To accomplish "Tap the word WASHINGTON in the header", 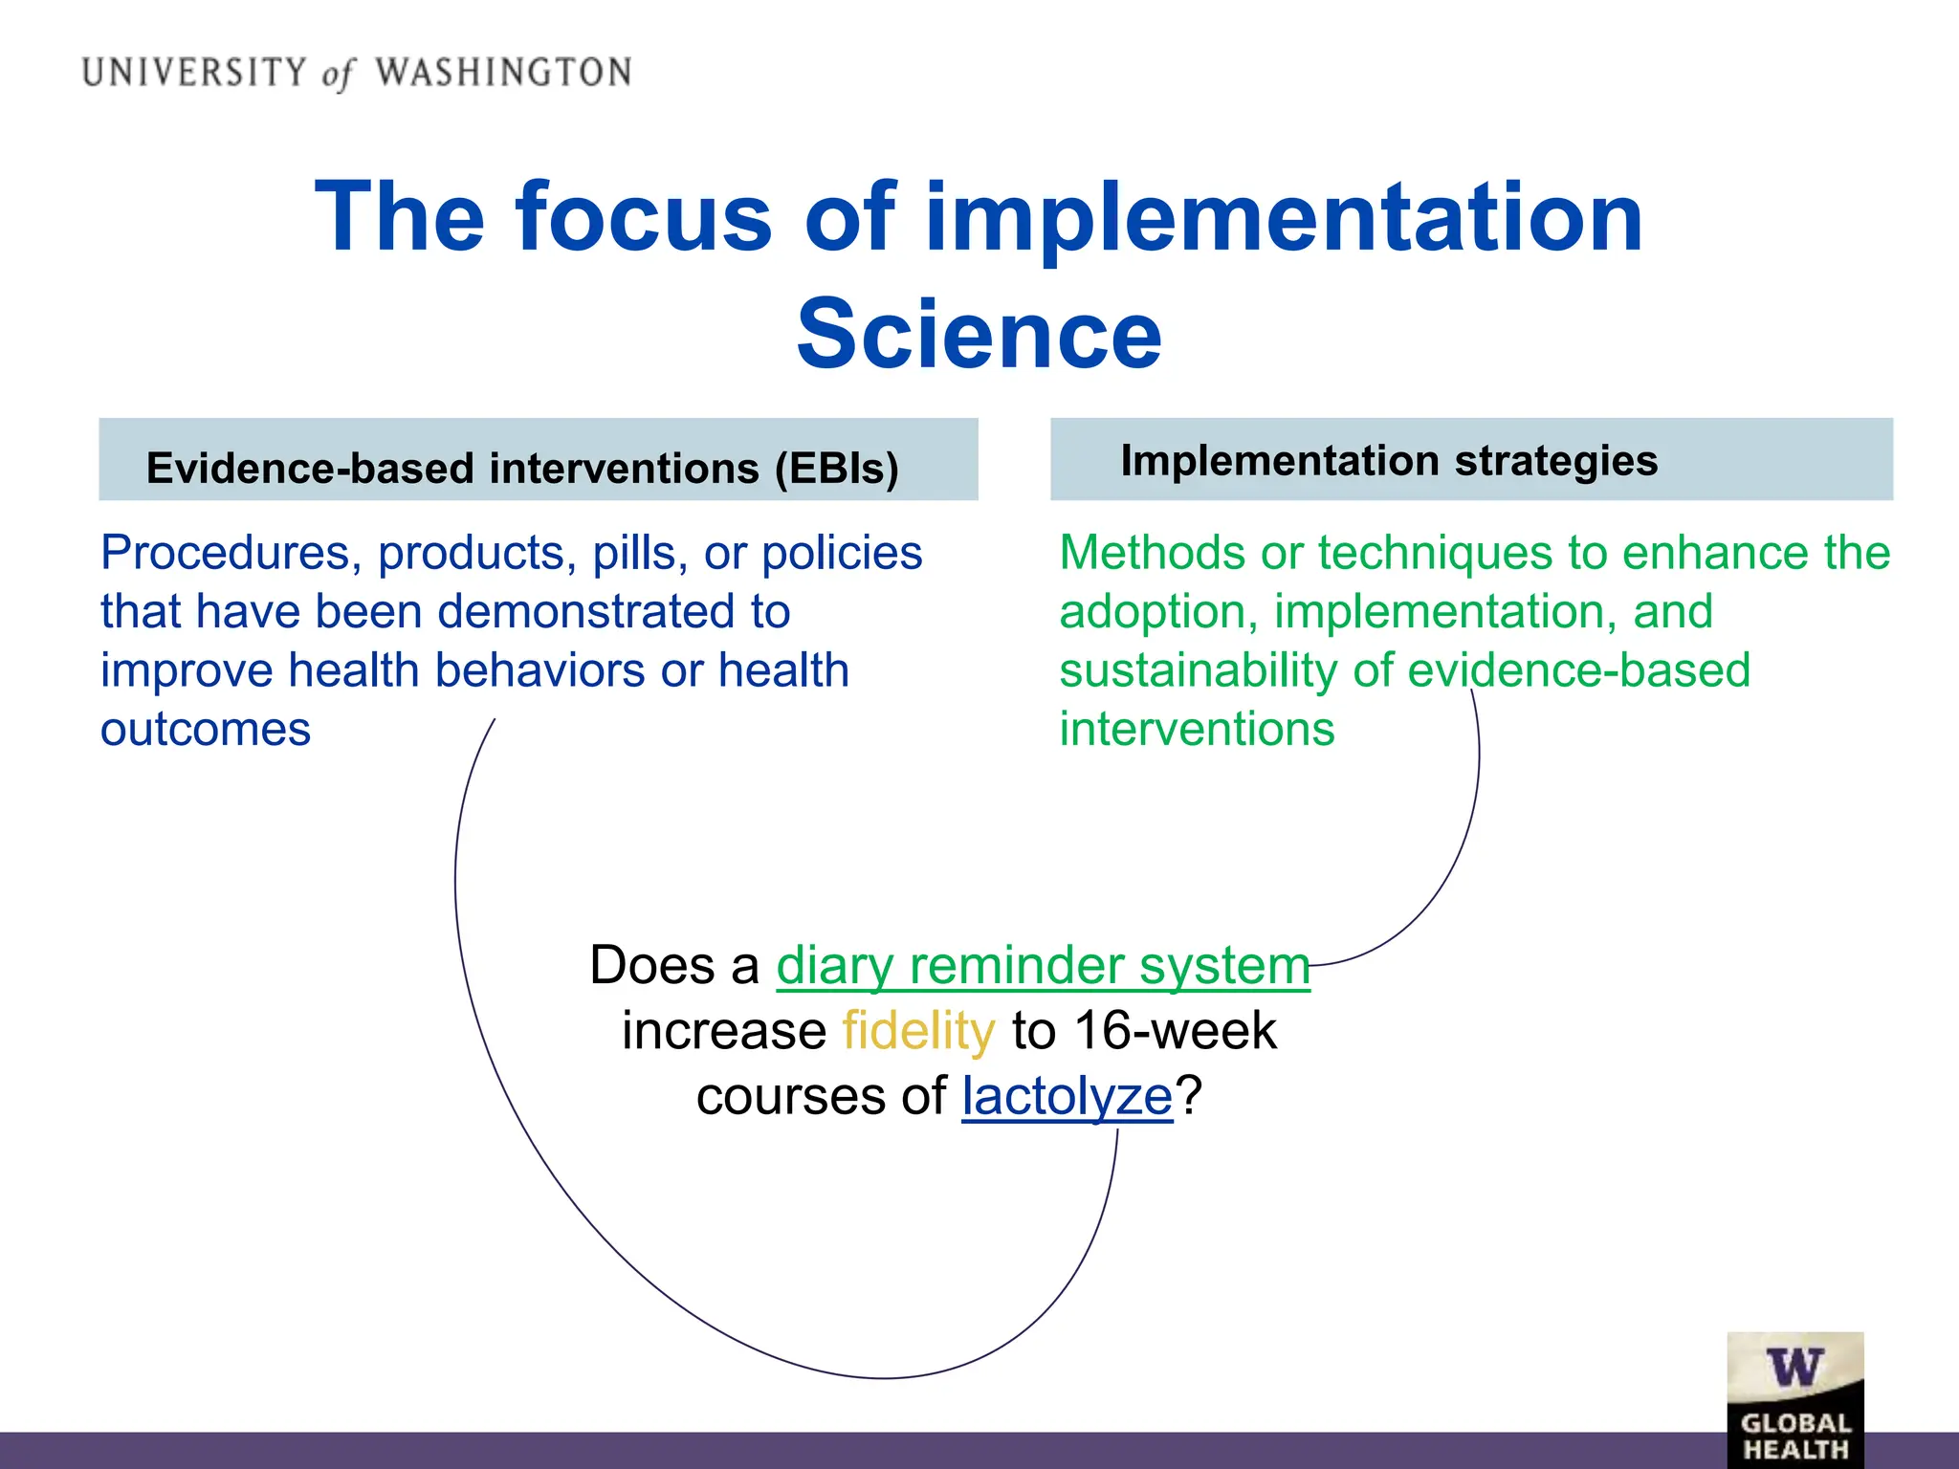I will pos(503,73).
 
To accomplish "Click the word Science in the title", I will pos(979,334).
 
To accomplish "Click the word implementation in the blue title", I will pos(1284,218).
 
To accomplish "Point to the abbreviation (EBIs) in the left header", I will pos(837,469).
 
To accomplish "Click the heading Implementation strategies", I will pos(1389,460).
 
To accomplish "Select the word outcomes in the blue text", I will pos(206,730).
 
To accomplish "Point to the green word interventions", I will pos(1197,730).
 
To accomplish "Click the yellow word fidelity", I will pos(918,1031).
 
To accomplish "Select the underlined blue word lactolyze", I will pos(1067,1096).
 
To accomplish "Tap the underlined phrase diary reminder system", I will pos(1043,965).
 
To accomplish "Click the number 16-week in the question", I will pos(1176,1031).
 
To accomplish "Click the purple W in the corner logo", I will pos(1794,1368).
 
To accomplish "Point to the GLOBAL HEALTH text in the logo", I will pos(1795,1436).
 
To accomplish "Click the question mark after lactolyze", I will pos(1189,1096).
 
